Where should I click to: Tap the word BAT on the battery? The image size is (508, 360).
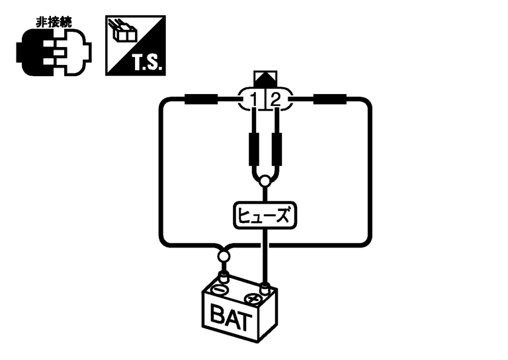coord(231,320)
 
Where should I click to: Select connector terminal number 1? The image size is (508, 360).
coord(255,101)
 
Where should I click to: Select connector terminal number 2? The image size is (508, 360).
coord(276,101)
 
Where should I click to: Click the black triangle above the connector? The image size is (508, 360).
coord(265,79)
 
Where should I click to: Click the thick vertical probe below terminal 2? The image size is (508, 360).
coord(276,150)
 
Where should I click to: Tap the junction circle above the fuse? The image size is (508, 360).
coord(265,181)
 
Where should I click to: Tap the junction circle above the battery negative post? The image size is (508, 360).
coord(223,255)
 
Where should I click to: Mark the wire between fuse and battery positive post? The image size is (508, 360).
coord(265,255)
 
